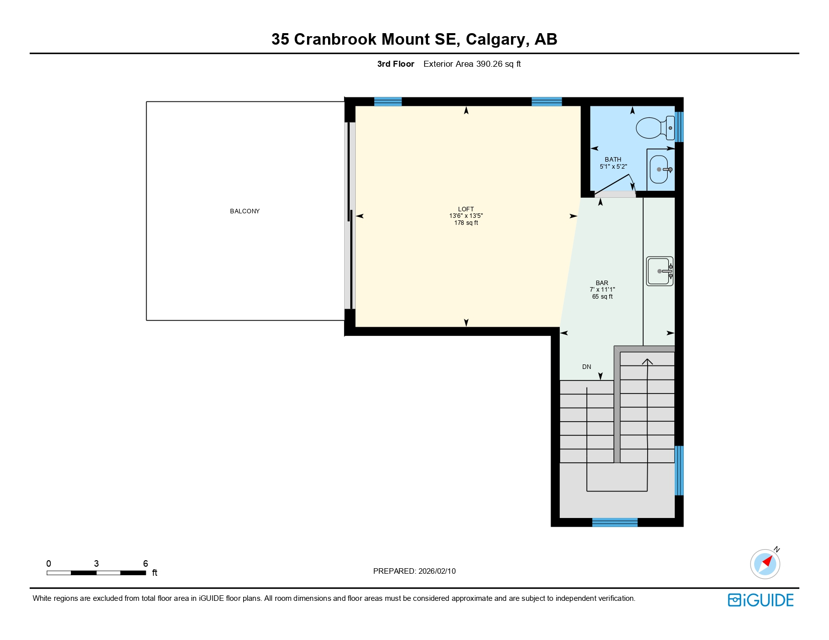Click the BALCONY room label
pos(245,211)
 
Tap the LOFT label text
pos(466,209)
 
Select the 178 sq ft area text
pos(466,223)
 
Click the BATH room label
pos(613,159)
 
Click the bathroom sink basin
pos(659,170)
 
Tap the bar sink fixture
pos(659,271)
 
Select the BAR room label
pos(602,283)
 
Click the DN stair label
pos(586,367)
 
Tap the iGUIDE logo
pos(761,600)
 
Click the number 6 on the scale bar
pos(146,563)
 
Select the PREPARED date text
pos(414,571)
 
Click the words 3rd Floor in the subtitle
pos(395,64)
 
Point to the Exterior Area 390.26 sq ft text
pos(472,64)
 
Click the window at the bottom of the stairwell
pos(614,523)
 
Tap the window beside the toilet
pos(679,126)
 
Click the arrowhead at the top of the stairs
pos(647,361)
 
